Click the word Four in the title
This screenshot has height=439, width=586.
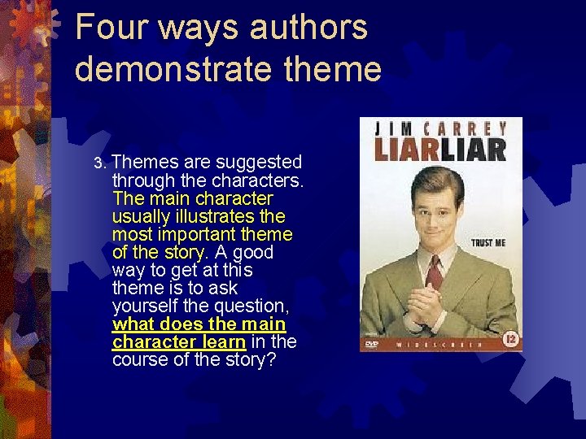coord(109,28)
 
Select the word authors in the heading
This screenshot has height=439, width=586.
coord(308,28)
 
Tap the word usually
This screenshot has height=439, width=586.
coord(142,216)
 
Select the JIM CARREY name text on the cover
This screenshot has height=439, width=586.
coord(441,128)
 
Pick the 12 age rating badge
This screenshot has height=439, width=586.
coord(510,339)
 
